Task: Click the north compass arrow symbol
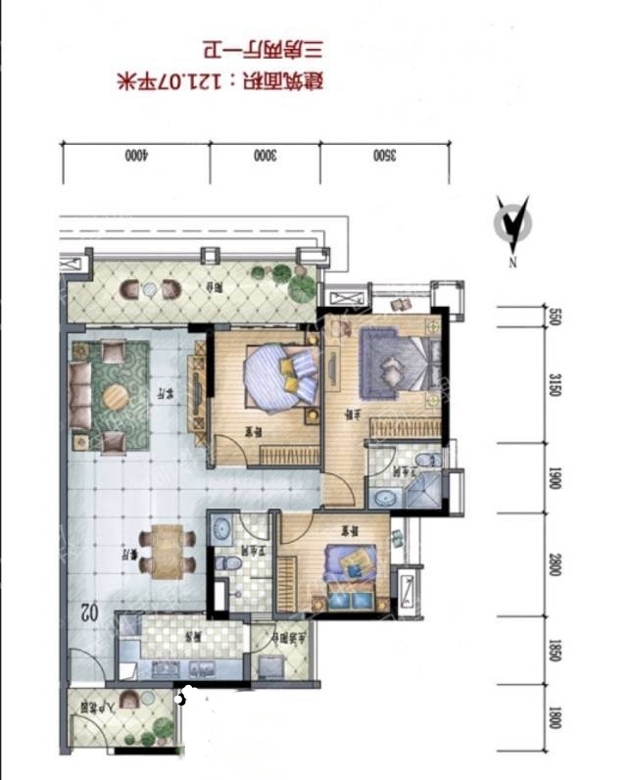512,224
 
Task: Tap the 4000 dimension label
135,155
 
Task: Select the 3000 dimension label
264,155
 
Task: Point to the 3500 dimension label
384,155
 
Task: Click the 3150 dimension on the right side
555,385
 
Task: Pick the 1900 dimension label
555,478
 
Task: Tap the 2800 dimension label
555,565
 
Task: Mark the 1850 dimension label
555,651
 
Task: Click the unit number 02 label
88,612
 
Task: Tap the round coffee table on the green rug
117,396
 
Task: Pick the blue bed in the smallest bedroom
351,565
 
